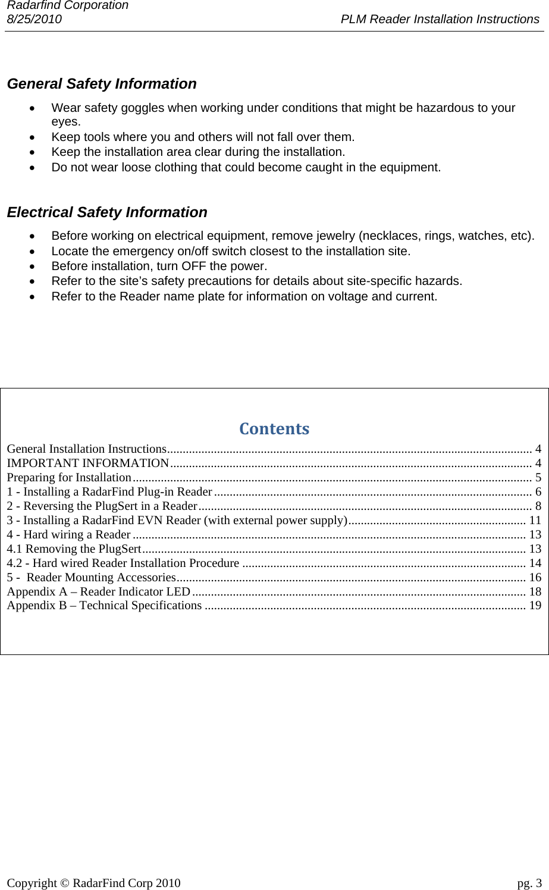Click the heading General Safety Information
click(101, 84)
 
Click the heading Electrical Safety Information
click(107, 212)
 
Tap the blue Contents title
click(274, 428)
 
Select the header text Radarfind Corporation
click(67, 5)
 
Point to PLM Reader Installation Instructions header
click(440, 19)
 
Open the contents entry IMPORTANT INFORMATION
click(88, 463)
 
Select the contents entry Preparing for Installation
click(69, 477)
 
